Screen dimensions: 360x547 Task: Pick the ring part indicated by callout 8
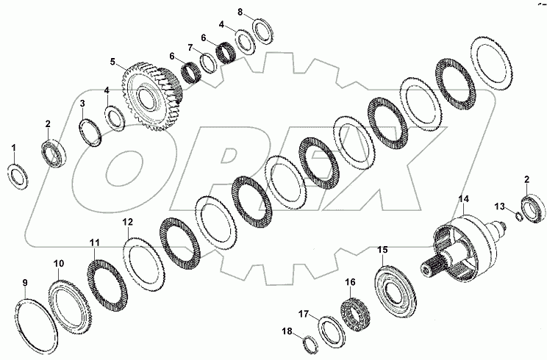pos(262,31)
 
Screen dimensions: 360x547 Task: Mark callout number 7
pos(189,48)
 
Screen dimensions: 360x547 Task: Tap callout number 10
pos(59,262)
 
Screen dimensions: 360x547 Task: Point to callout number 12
pos(127,222)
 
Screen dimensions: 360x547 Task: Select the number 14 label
pos(463,199)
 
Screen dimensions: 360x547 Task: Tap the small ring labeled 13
pos(519,216)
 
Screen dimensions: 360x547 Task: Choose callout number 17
pos(304,313)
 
